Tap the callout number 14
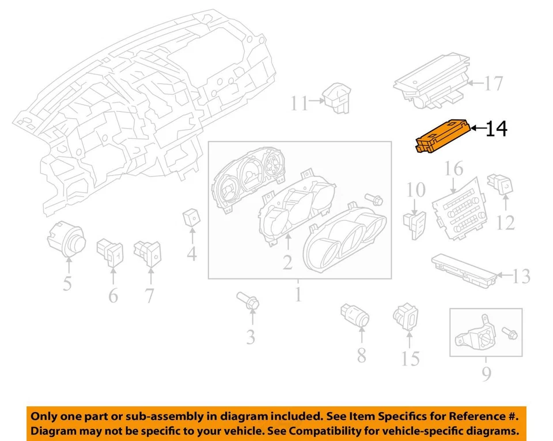(496, 129)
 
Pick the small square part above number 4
(191, 218)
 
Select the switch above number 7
(148, 251)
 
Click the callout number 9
(487, 375)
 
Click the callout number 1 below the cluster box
(297, 295)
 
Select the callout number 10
(416, 190)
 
